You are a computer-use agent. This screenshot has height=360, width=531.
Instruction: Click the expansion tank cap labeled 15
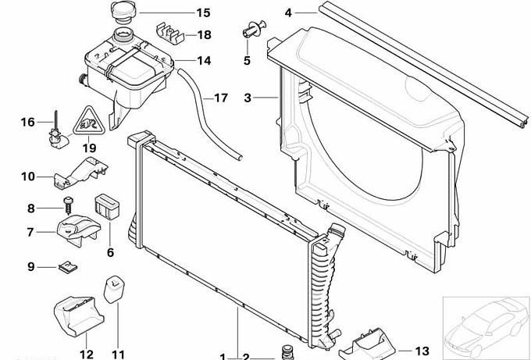[124, 12]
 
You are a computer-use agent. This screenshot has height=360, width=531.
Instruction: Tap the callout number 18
[205, 35]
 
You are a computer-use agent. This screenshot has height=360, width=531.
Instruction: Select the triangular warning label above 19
[89, 121]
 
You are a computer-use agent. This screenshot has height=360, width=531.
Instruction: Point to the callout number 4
[288, 12]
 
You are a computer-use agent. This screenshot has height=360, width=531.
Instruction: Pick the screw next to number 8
[69, 205]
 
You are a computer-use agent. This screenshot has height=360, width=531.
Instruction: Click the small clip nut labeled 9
[68, 268]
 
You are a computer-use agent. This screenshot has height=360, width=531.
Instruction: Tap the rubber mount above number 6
[107, 207]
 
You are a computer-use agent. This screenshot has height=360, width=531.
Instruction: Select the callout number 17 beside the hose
[221, 98]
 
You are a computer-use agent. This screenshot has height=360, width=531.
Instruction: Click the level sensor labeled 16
[56, 133]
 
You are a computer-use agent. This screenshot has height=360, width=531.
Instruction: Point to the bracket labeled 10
[80, 173]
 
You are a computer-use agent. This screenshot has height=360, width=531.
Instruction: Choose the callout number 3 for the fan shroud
[248, 98]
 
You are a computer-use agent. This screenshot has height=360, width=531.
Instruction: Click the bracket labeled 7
[79, 230]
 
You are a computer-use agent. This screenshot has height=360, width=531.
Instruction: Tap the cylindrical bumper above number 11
[114, 290]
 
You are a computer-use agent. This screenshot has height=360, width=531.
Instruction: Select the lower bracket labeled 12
[79, 316]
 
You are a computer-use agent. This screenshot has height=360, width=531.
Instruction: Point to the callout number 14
[205, 61]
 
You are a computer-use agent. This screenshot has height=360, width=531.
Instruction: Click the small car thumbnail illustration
[486, 326]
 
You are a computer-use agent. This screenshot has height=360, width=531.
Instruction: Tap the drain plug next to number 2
[287, 352]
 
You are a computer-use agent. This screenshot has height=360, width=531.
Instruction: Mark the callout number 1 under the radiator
[223, 357]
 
